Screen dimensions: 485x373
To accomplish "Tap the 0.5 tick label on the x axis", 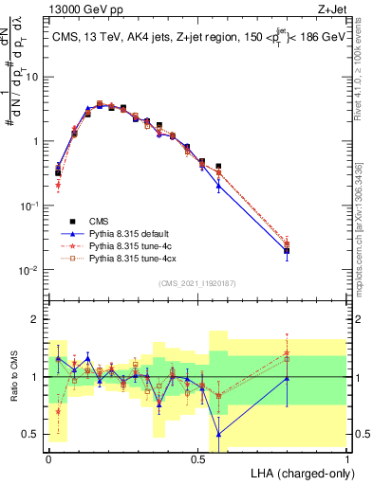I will pos(197,458).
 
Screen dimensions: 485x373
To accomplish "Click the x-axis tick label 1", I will pos(347,458).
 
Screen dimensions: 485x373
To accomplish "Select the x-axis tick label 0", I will pos(48,458).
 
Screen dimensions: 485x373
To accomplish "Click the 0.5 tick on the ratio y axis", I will pos(31,434).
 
